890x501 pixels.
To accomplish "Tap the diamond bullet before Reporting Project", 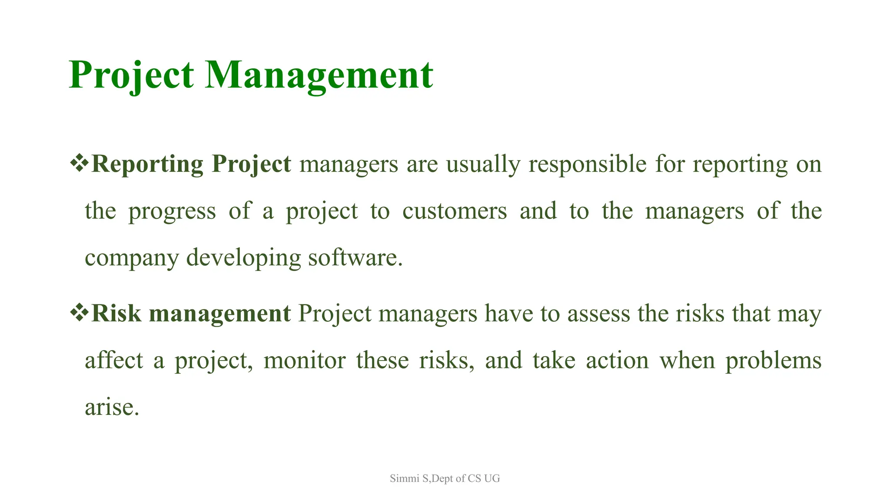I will click(79, 164).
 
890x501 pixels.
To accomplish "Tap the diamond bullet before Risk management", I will click(79, 313).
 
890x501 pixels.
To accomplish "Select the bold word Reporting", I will click(147, 164).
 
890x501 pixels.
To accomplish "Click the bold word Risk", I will click(116, 313).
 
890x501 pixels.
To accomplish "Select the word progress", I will click(172, 212).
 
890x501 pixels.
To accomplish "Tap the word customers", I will click(455, 211).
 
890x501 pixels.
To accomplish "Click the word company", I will click(131, 258).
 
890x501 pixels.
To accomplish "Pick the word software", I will click(355, 257).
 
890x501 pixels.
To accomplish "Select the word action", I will click(617, 361).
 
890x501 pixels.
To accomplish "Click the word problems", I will click(773, 361).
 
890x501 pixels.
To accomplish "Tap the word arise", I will click(112, 407).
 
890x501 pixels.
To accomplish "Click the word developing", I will click(243, 258).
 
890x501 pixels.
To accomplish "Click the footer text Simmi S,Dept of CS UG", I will click(445, 478).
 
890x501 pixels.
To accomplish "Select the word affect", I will click(114, 361).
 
